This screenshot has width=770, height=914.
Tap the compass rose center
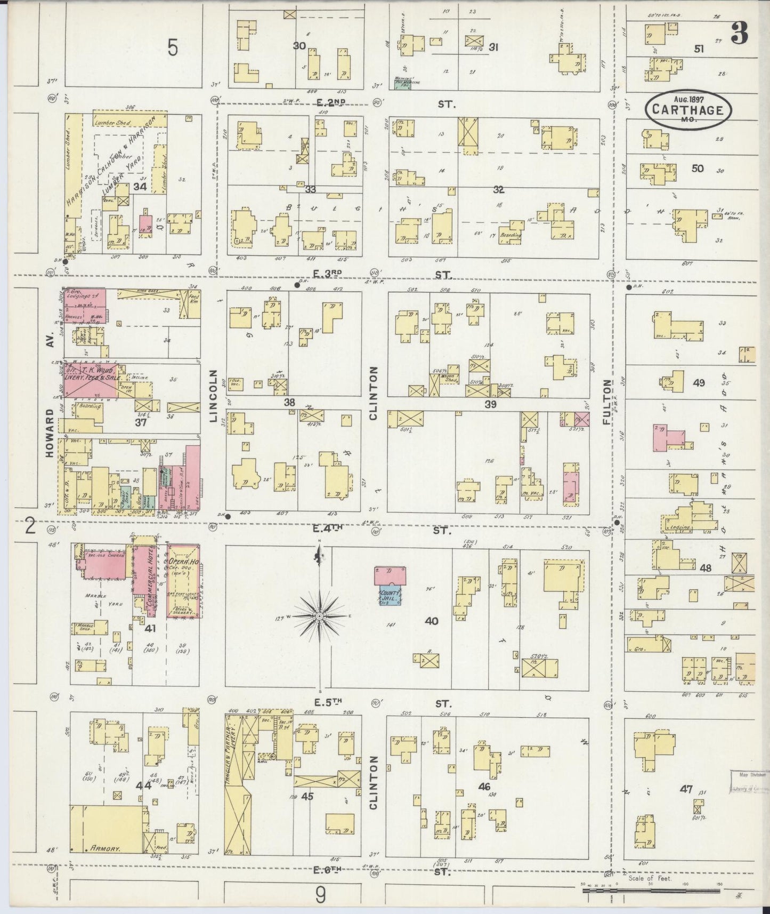pos(319,616)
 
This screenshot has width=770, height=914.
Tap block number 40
pos(432,621)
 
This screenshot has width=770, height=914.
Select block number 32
pos(499,189)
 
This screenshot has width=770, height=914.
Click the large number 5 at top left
pos(173,48)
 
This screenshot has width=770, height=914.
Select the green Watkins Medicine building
pos(403,84)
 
